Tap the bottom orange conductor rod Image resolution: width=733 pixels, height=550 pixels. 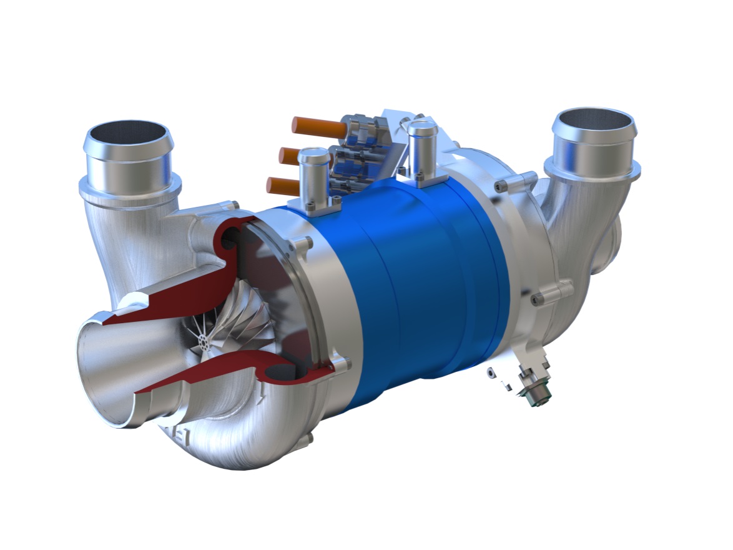point(284,184)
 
